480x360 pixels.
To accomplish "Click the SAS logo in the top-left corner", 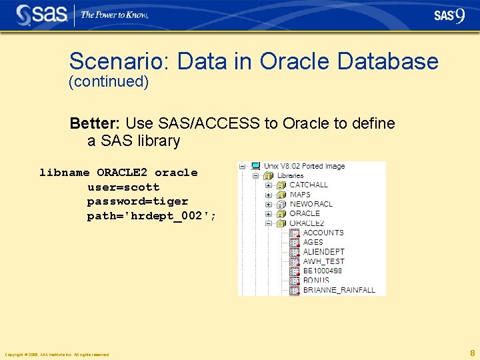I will pos(42,15).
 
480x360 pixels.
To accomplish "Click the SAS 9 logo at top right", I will pos(449,15).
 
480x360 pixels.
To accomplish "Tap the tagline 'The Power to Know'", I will pos(115,15).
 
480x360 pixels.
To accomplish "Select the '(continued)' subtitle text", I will pos(109,82).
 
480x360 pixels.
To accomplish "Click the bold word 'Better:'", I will pos(95,123).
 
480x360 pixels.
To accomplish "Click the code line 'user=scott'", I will pos(123,187).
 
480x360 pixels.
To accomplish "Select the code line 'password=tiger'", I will pos(137,201).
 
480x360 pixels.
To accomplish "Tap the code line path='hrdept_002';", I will pos(151,216).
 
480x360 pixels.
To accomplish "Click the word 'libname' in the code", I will pos(64,173).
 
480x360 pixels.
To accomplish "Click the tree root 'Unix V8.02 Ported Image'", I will pos(304,166).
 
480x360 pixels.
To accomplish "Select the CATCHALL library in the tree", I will pos(308,185).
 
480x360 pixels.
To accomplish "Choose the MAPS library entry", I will pos(300,195).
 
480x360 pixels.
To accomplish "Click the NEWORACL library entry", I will pos(311,204).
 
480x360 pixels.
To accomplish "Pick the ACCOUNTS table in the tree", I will pos(323,233).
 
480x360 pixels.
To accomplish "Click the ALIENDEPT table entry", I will pos(323,252).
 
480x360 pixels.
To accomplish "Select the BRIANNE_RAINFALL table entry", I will pos(339,290).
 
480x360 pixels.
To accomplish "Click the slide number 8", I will pos(472,353).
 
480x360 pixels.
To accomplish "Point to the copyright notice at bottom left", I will pos(57,355).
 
